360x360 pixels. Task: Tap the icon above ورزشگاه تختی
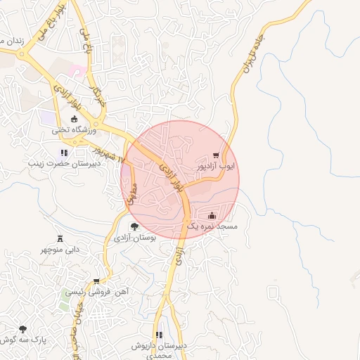pyautogui.click(x=75, y=118)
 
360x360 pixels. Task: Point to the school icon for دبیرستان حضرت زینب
pyautogui.click(x=64, y=153)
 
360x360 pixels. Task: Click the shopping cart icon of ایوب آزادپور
pyautogui.click(x=217, y=156)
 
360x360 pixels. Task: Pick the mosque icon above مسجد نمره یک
pyautogui.click(x=213, y=215)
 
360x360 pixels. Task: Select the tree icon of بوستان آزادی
pyautogui.click(x=134, y=226)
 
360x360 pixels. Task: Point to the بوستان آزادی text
pyautogui.click(x=134, y=238)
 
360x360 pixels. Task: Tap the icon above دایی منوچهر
pyautogui.click(x=60, y=238)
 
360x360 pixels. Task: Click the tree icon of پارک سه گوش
pyautogui.click(x=23, y=329)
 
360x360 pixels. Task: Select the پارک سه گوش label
pyautogui.click(x=24, y=340)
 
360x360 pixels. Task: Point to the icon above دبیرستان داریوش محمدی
pyautogui.click(x=159, y=335)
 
